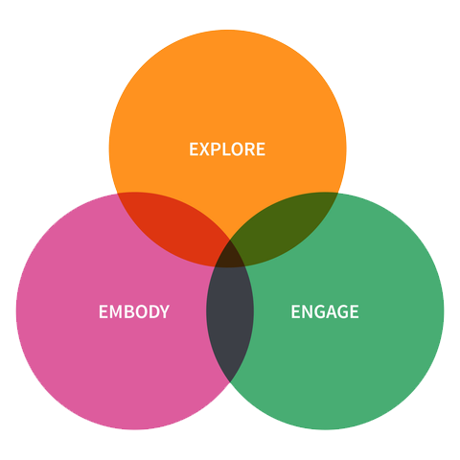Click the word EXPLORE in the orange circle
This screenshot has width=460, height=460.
[x=227, y=149]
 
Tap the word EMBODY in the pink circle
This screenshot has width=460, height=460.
[x=134, y=311]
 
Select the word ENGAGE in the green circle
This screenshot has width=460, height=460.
[x=325, y=311]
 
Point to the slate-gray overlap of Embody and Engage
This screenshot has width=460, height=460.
[x=230, y=323]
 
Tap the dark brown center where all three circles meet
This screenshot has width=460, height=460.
[x=230, y=256]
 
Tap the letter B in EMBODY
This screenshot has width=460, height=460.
[x=130, y=311]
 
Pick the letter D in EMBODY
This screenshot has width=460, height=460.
[x=154, y=311]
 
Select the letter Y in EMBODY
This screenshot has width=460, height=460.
[x=164, y=311]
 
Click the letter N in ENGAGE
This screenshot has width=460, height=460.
[x=308, y=311]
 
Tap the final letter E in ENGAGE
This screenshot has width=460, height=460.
[x=355, y=311]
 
